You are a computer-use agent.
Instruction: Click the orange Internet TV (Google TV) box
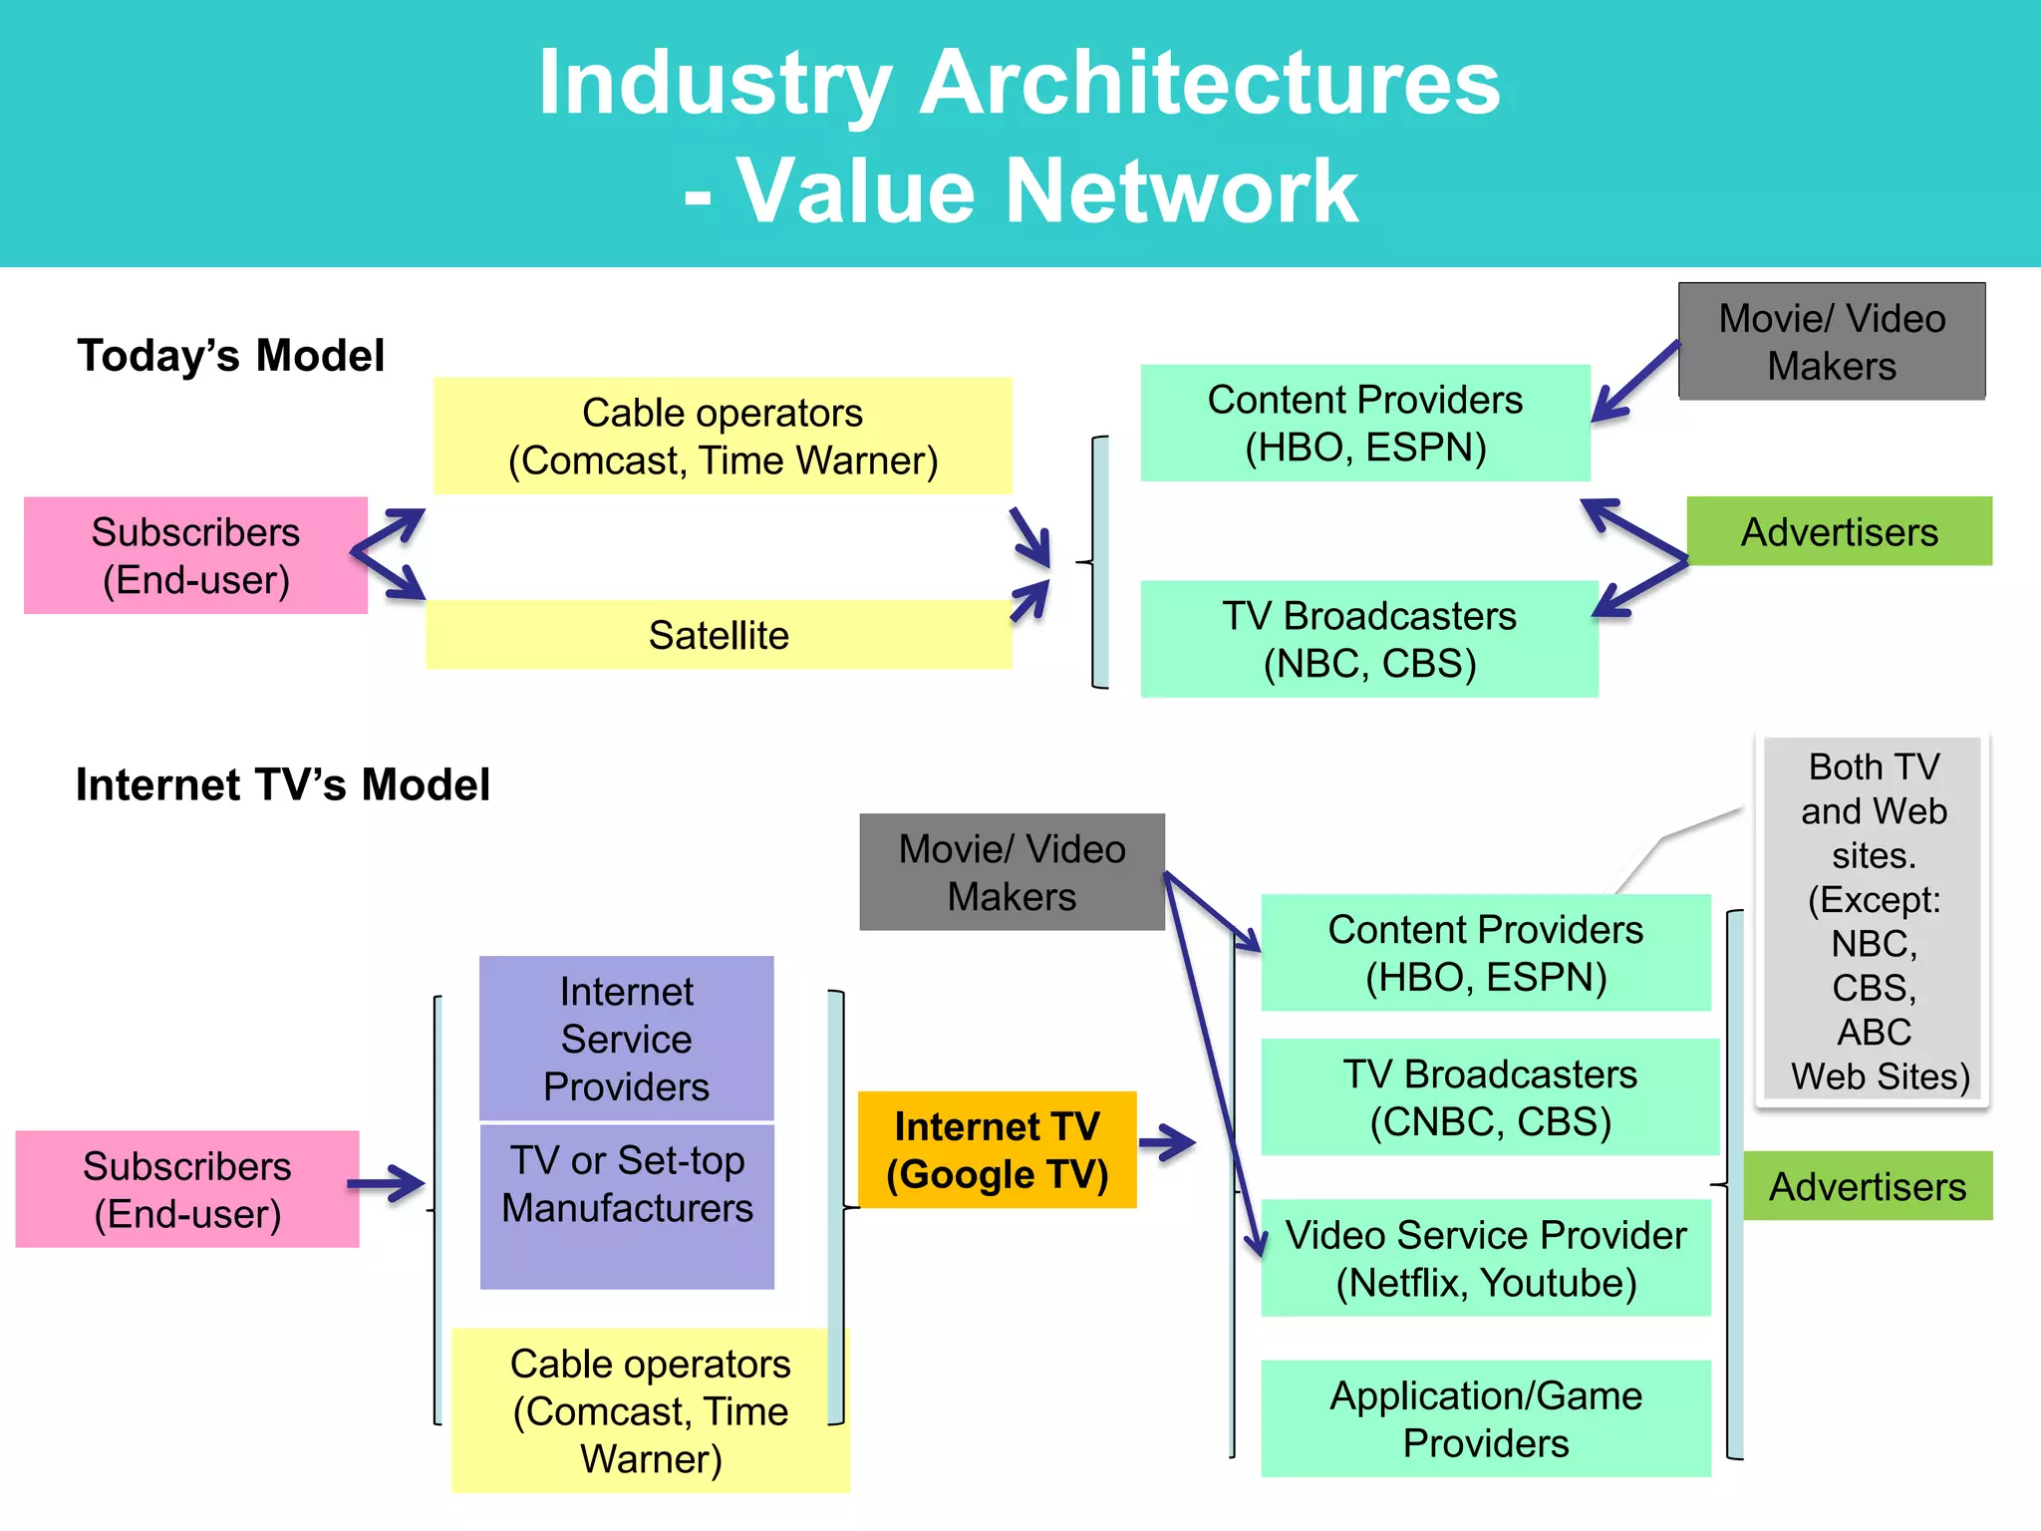[x=997, y=1149]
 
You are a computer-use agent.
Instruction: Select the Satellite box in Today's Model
[x=719, y=635]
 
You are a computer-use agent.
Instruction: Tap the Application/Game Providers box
[x=1485, y=1418]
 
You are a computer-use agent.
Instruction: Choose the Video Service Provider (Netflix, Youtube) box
[x=1485, y=1258]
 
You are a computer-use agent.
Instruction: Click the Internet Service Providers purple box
[x=626, y=1039]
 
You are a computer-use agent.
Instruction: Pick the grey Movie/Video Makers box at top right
[x=1831, y=342]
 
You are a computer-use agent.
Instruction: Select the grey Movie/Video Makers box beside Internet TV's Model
[x=1012, y=872]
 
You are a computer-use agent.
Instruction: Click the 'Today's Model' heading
[x=230, y=356]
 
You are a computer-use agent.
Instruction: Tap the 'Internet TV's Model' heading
[x=283, y=784]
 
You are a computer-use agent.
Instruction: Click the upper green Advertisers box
[x=1839, y=531]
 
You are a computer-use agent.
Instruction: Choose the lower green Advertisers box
[x=1867, y=1186]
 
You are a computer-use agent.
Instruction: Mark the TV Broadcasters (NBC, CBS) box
[x=1368, y=639]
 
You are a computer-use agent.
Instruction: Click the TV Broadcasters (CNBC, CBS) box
[x=1489, y=1097]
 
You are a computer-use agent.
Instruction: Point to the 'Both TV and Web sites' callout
[x=1873, y=920]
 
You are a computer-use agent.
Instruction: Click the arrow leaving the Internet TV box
[x=1167, y=1142]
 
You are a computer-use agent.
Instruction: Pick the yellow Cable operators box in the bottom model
[x=650, y=1410]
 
